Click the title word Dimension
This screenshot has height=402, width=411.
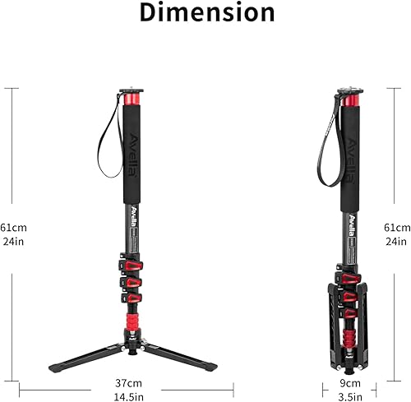click(x=206, y=13)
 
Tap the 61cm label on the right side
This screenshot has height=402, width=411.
click(x=397, y=227)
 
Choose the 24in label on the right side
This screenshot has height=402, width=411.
click(x=397, y=241)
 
